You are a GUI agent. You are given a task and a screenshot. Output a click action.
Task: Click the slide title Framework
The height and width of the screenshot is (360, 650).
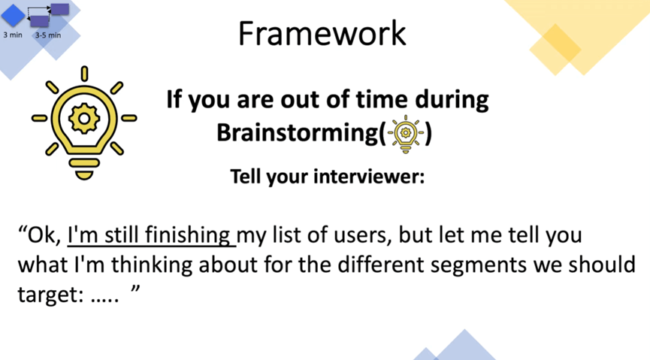(x=322, y=34)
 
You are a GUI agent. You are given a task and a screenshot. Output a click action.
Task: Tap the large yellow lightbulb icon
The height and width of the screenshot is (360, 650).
(x=84, y=123)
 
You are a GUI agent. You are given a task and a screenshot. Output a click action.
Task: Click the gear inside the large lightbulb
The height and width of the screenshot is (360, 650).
(x=84, y=119)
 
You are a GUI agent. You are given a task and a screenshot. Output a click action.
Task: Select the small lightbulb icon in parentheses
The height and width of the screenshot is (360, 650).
(x=406, y=134)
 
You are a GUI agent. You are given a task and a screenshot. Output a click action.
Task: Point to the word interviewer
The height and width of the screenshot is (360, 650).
(x=369, y=177)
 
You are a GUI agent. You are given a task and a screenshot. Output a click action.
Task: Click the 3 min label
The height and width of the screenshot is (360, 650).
(x=13, y=35)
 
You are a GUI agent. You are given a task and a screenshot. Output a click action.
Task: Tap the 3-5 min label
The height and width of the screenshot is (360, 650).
(x=48, y=35)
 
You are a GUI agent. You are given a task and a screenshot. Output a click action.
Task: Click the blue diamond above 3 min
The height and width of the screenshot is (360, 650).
(x=14, y=16)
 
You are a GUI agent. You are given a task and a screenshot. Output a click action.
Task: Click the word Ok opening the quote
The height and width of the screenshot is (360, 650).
(x=44, y=235)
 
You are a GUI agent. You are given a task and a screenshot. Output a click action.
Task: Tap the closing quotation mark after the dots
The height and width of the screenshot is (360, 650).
(x=135, y=289)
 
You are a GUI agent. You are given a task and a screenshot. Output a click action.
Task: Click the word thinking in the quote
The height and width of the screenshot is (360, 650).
(x=152, y=265)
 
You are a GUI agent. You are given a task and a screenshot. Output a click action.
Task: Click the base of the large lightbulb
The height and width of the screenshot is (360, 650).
(x=84, y=169)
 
